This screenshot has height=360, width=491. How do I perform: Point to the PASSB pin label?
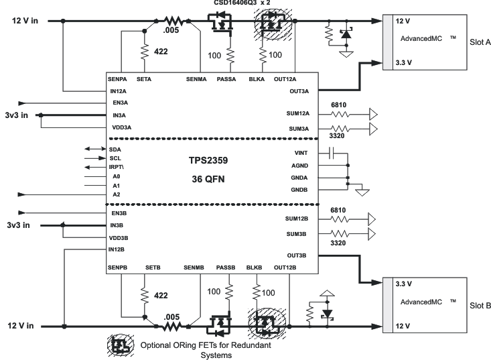[x=226, y=267]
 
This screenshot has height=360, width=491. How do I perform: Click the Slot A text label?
[x=478, y=42]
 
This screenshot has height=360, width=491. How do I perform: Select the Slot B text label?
[x=478, y=305]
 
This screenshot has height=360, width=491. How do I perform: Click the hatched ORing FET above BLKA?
[x=271, y=25]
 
